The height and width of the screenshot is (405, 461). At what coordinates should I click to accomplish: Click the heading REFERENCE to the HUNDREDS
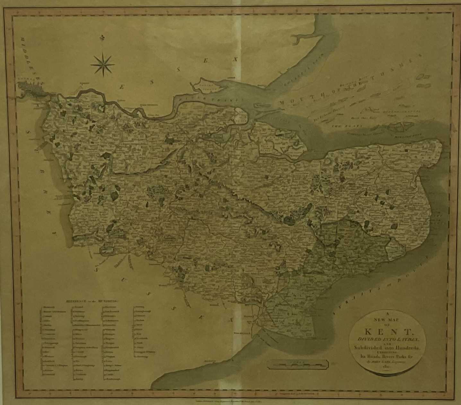click(x=92, y=301)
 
